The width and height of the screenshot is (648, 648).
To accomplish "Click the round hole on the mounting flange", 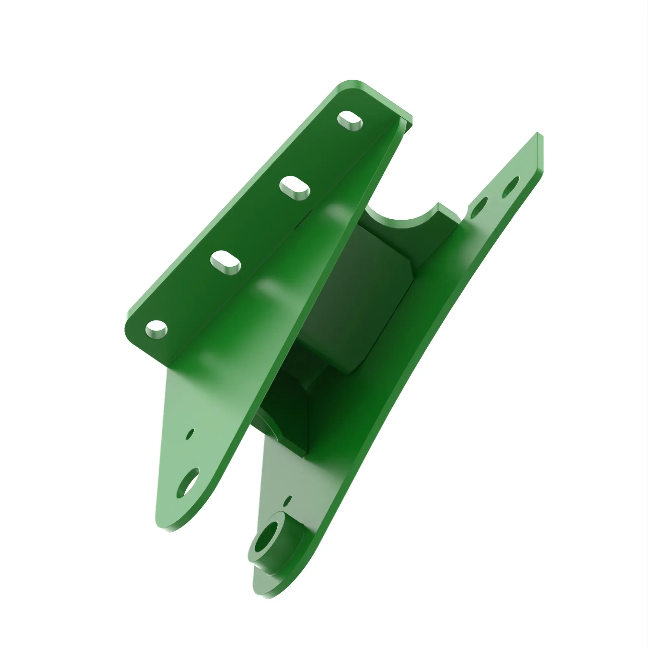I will (x=156, y=329).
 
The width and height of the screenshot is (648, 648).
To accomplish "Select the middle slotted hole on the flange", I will (x=295, y=188).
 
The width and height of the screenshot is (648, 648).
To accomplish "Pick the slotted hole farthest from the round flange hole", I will (x=350, y=121).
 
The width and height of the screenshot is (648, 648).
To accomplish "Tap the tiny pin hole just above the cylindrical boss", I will (x=287, y=501).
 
